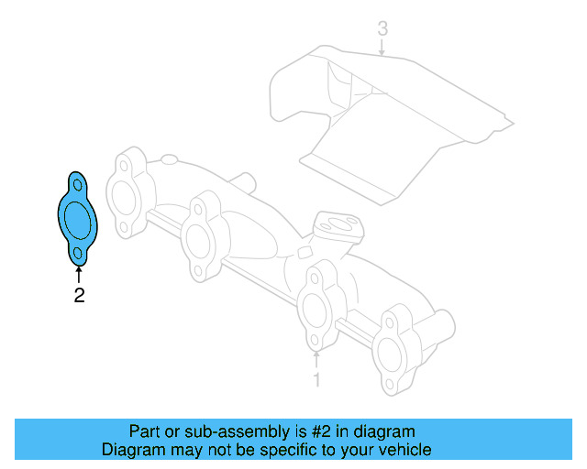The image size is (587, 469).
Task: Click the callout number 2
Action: pyautogui.click(x=79, y=295)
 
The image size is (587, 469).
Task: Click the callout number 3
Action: pyautogui.click(x=382, y=29)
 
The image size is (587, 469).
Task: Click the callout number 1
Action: pyautogui.click(x=316, y=378)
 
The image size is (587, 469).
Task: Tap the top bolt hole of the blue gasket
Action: pyautogui.click(x=76, y=187)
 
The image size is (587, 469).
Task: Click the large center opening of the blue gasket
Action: pyautogui.click(x=78, y=219)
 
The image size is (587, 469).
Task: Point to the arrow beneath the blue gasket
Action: pyautogui.click(x=79, y=273)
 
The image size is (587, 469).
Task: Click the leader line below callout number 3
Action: pyautogui.click(x=382, y=48)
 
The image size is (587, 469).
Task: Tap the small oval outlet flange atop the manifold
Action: pyautogui.click(x=336, y=224)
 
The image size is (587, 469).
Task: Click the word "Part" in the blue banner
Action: pyautogui.click(x=147, y=431)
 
